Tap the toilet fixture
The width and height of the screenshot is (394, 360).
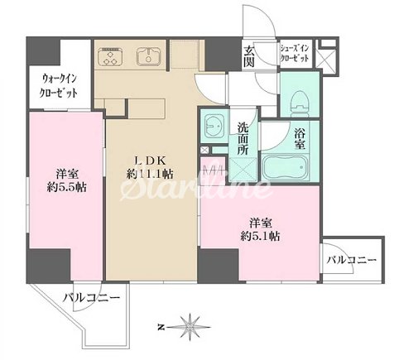pos(299,99)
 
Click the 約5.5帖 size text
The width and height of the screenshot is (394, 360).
pos(67,188)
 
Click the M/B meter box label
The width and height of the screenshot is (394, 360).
pos(213,170)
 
